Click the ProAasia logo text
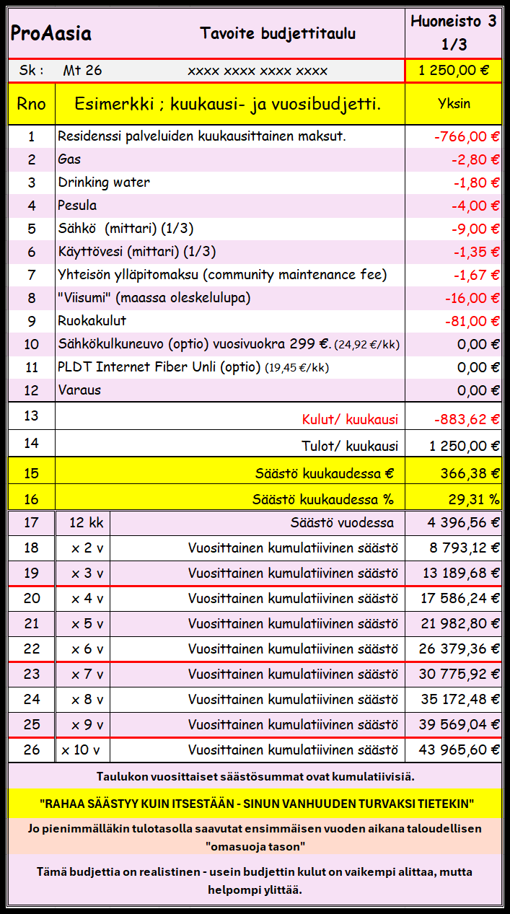pyautogui.click(x=50, y=34)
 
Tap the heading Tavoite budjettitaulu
pyautogui.click(x=278, y=33)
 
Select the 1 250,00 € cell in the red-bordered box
pyautogui.click(x=454, y=71)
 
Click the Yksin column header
pyautogui.click(x=454, y=103)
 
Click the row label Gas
pyautogui.click(x=69, y=159)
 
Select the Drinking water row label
pyautogui.click(x=104, y=183)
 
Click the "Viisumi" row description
pyautogui.click(x=154, y=298)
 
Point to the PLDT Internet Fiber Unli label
pyautogui.click(x=159, y=367)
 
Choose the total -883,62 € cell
pyautogui.click(x=467, y=419)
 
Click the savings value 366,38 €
pyautogui.click(x=470, y=473)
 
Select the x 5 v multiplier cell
pyautogui.click(x=87, y=624)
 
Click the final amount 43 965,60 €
pyautogui.click(x=459, y=750)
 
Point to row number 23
pyautogui.click(x=32, y=674)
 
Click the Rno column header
pyautogui.click(x=32, y=104)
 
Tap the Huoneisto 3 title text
pyautogui.click(x=454, y=22)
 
